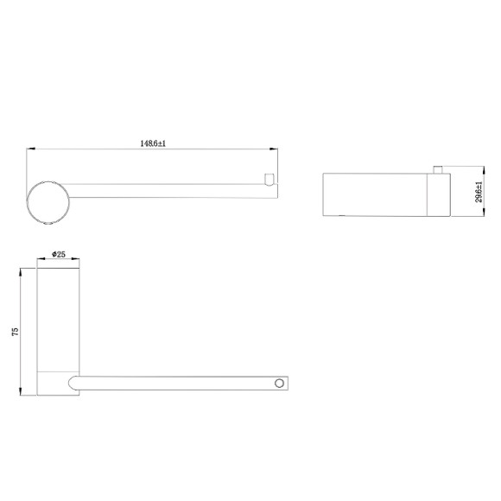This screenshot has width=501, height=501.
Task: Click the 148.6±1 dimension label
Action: (153, 143)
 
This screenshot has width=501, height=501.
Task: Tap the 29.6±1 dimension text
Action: (479, 192)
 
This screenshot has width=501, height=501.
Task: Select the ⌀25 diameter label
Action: (59, 254)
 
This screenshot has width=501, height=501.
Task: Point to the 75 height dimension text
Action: (15, 332)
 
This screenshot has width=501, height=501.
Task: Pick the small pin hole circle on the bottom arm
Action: (279, 384)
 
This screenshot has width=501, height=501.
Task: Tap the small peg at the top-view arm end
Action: (269, 180)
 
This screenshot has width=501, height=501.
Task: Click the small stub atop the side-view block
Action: (438, 169)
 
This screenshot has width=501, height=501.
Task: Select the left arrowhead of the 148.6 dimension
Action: (31, 149)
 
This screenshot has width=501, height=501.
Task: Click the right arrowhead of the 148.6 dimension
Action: (274, 149)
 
